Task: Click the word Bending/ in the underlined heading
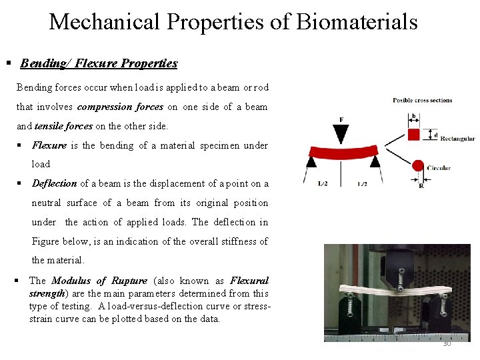click(45, 63)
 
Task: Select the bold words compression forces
click(120, 107)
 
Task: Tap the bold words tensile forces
click(63, 126)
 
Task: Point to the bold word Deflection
click(55, 183)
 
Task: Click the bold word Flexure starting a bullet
click(49, 145)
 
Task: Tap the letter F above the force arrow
click(341, 120)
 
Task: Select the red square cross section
click(414, 134)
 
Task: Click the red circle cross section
click(418, 165)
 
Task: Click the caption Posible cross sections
click(423, 101)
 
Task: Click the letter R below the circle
click(421, 187)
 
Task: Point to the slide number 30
click(447, 343)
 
